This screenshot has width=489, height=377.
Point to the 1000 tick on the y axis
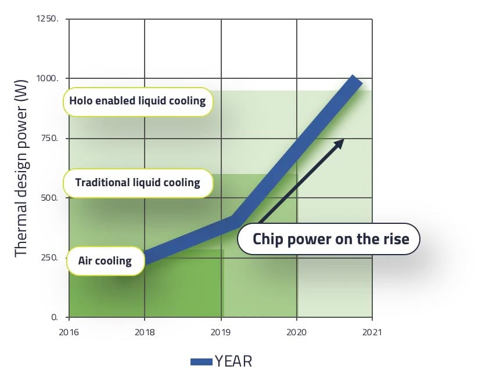pyautogui.click(x=49, y=78)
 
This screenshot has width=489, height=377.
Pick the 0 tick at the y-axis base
pyautogui.click(x=55, y=317)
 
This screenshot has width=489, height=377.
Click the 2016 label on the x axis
pyautogui.click(x=69, y=332)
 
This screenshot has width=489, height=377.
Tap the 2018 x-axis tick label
pyautogui.click(x=145, y=332)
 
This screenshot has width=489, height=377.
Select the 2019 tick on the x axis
pyautogui.click(x=221, y=332)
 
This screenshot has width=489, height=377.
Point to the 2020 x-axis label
pyautogui.click(x=296, y=332)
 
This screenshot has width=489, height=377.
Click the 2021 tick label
pyautogui.click(x=372, y=332)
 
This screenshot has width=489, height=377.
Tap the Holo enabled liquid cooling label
pyautogui.click(x=138, y=101)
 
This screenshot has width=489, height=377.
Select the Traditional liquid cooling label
pyautogui.click(x=138, y=183)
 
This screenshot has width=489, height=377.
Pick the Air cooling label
pyautogui.click(x=105, y=260)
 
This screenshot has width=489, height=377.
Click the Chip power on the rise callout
pyautogui.click(x=330, y=239)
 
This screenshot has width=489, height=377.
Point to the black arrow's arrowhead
pyautogui.click(x=341, y=141)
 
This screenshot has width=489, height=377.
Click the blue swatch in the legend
pyautogui.click(x=202, y=362)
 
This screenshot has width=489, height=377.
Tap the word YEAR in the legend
pyautogui.click(x=233, y=361)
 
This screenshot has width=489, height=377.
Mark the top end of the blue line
pyautogui.click(x=355, y=80)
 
